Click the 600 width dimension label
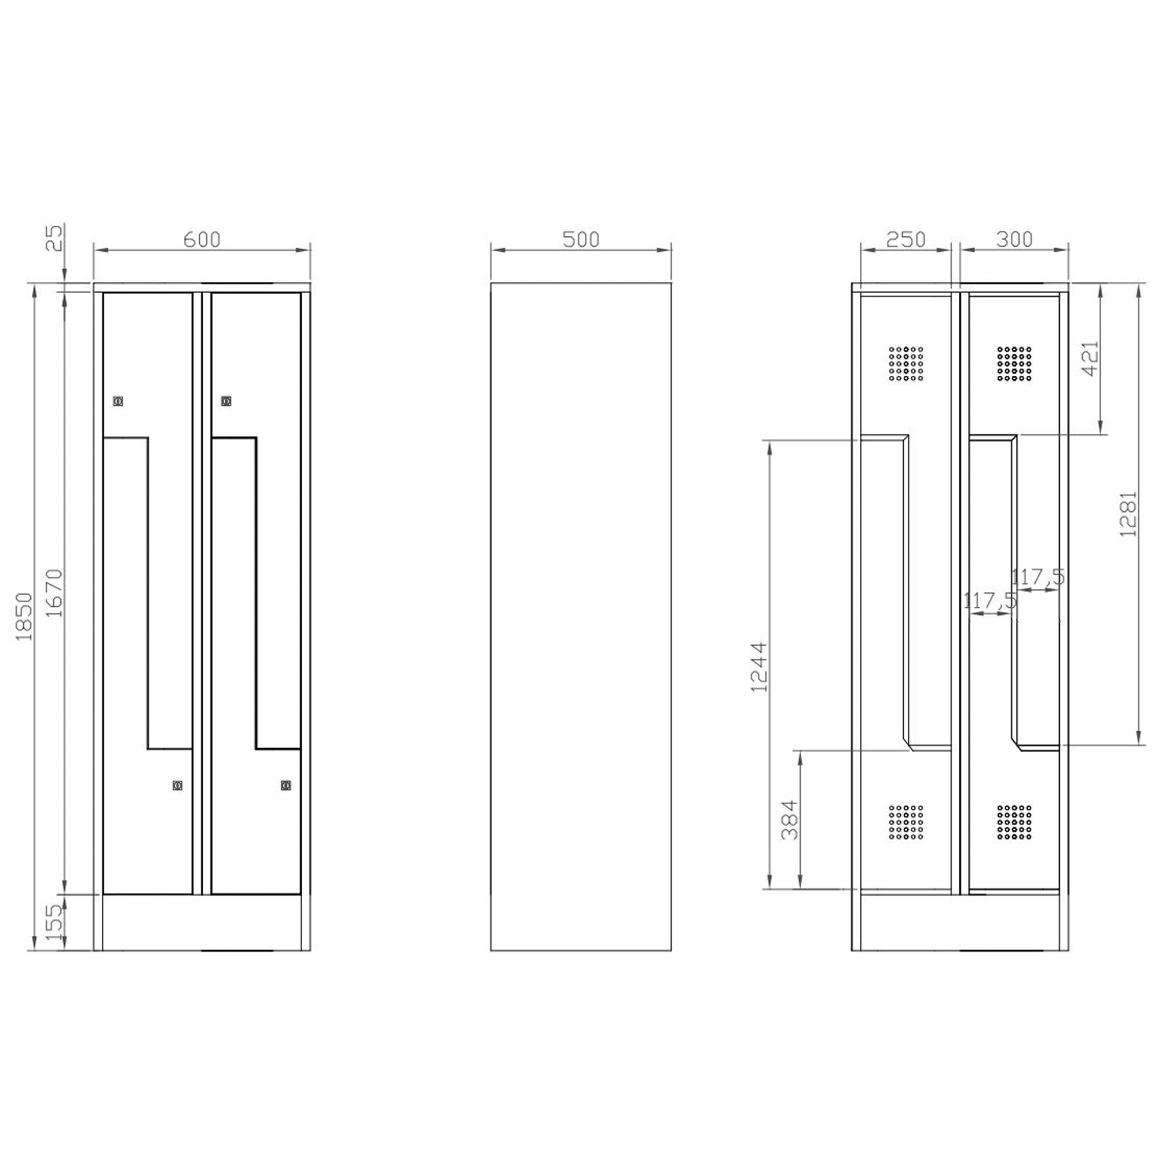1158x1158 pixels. pos(202,239)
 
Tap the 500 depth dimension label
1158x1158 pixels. pos(581,239)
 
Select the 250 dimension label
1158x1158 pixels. pos(906,239)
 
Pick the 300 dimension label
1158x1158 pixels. pos(1015,239)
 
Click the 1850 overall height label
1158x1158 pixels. pos(24,617)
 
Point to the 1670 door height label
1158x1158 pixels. pos(54,593)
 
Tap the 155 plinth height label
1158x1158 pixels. pos(54,922)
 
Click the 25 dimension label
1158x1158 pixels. pos(54,238)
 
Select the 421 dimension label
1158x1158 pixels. pos(1091,358)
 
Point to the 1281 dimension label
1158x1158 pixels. pos(1128,514)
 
